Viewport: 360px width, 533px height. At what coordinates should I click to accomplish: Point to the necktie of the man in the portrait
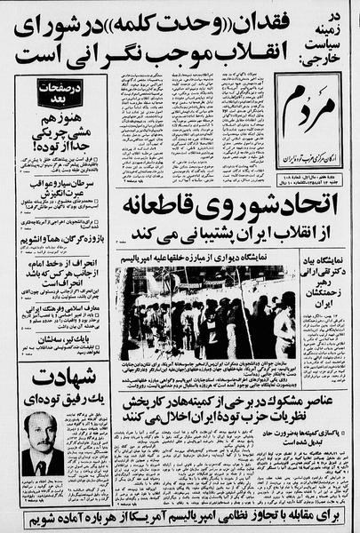(42, 464)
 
